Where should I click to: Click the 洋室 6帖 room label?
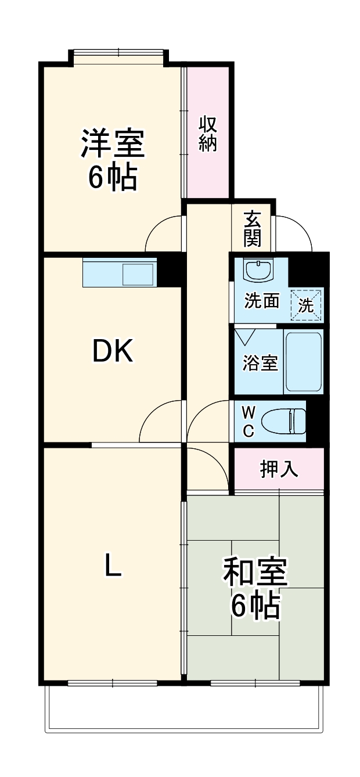pyautogui.click(x=113, y=160)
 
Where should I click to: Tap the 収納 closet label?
pyautogui.click(x=208, y=134)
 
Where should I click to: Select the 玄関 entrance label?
pyautogui.click(x=252, y=228)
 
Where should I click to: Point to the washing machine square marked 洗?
pyautogui.click(x=306, y=304)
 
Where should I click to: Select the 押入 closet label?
pyautogui.click(x=279, y=469)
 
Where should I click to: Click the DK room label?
pyautogui.click(x=113, y=351)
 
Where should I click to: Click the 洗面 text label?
pyautogui.click(x=261, y=301)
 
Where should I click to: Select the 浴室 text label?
pyautogui.click(x=260, y=364)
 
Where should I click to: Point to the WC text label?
pyautogui.click(x=248, y=422)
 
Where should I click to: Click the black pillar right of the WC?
pyautogui.click(x=318, y=421)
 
